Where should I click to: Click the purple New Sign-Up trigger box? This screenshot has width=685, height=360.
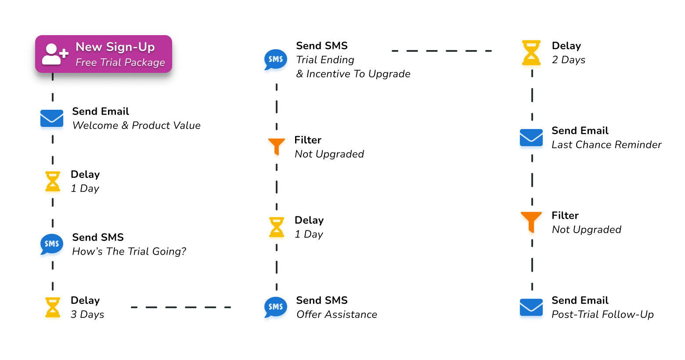104,54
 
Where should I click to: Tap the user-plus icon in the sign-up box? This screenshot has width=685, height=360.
54,54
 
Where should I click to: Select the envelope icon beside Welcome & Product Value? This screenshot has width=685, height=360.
52,118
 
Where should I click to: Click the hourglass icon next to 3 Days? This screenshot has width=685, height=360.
53,307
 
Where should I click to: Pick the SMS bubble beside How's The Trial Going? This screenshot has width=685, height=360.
52,244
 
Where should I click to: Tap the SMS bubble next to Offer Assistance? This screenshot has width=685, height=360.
276,307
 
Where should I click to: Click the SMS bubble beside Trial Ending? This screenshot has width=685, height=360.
276,59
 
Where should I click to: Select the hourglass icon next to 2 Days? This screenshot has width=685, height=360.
531,53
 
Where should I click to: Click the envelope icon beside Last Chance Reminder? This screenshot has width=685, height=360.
531,137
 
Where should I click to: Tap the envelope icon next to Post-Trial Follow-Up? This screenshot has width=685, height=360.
531,307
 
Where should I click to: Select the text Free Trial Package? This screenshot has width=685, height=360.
120,62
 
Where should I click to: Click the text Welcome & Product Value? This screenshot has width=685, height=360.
136,126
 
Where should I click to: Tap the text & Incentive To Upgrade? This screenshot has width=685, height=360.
353,74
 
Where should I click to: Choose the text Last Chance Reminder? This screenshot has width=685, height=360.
606,145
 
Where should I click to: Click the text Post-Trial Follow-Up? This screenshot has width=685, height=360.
602,314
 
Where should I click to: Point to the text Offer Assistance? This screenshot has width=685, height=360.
337,314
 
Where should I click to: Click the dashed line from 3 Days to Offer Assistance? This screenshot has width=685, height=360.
181,307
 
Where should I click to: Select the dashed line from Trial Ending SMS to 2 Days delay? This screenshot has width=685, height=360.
441,51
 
